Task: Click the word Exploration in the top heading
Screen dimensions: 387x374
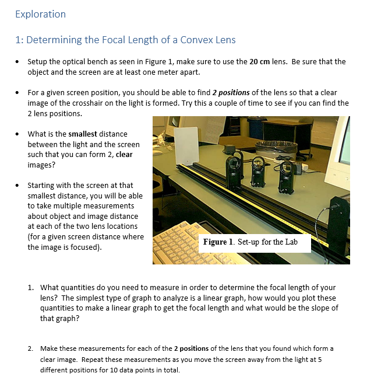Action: [x=40, y=14]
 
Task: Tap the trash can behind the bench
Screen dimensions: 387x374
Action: [x=274, y=154]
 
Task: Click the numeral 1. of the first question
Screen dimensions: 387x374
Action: [x=31, y=288]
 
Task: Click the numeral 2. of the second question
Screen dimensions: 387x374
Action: [x=31, y=348]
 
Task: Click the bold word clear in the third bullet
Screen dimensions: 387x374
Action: [x=124, y=154]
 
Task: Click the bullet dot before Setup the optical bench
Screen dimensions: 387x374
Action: [x=19, y=61]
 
